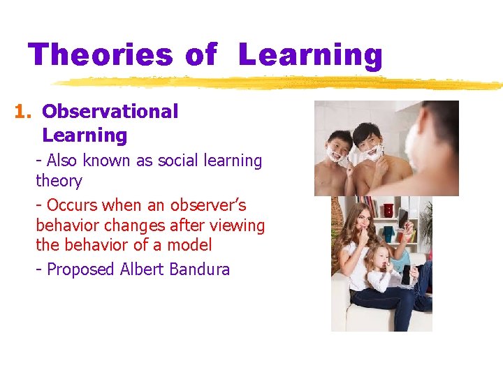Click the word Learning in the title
point(310,54)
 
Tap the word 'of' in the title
point(201,54)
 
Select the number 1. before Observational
point(24,112)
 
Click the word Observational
point(110,112)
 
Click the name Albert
point(142,269)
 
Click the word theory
point(59,181)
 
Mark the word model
point(189,245)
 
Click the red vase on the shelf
point(388,210)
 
